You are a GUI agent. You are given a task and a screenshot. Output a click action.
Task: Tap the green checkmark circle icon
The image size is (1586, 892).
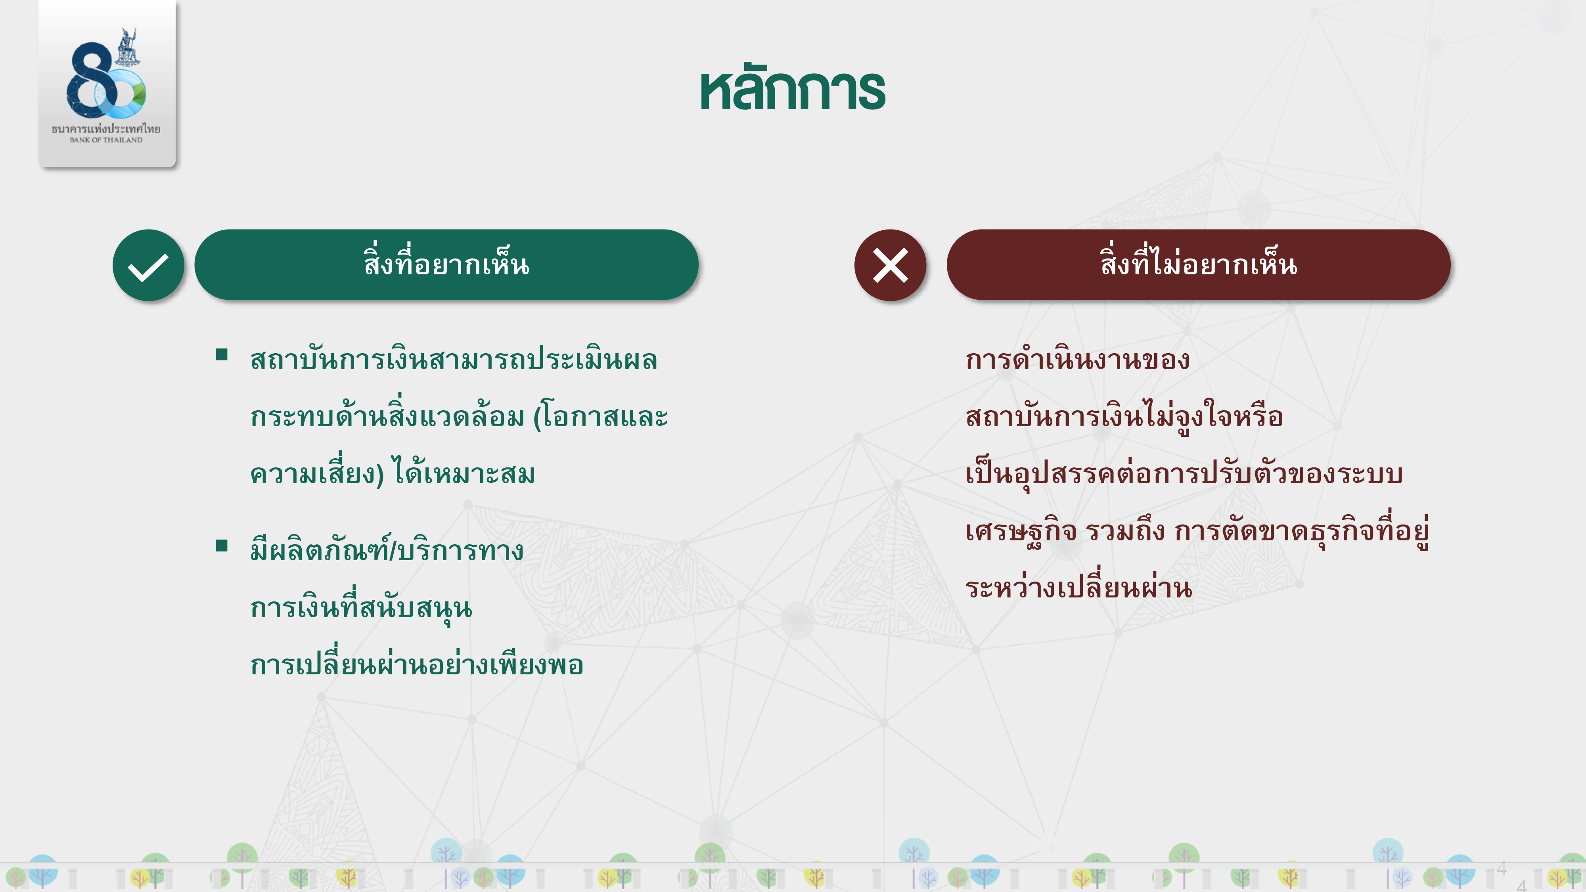click(148, 265)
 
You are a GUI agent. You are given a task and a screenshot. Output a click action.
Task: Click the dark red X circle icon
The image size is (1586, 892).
click(890, 265)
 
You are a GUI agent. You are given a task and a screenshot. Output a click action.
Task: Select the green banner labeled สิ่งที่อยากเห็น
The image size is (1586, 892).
click(446, 265)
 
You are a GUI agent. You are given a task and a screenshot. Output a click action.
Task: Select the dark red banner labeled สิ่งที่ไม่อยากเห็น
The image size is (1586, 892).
click(1199, 265)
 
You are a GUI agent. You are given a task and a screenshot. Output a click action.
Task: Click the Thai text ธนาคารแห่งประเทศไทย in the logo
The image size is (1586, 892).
click(106, 129)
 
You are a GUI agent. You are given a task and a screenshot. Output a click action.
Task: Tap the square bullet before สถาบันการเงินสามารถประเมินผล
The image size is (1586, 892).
click(222, 354)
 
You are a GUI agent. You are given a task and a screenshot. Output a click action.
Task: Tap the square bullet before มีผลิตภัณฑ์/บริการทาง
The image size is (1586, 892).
click(222, 546)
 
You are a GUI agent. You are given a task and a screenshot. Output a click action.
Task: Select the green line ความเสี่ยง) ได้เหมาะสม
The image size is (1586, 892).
click(392, 473)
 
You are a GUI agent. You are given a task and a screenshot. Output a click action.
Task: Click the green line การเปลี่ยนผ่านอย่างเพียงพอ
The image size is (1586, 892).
click(417, 664)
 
